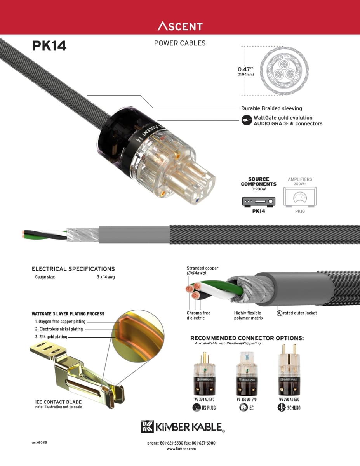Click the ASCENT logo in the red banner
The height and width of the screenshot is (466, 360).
coord(180,26)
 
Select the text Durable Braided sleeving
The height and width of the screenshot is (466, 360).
coord(271,108)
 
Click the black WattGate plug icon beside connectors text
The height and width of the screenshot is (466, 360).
coord(246,120)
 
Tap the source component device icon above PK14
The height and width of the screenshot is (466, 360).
coord(259,202)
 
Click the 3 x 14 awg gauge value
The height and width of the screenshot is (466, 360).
coord(106,277)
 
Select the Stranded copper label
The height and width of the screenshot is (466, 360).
coord(202,268)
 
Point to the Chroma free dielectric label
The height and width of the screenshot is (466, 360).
coord(198,315)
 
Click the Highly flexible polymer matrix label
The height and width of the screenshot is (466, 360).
coord(249,315)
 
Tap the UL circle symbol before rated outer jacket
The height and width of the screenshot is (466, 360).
coord(279,313)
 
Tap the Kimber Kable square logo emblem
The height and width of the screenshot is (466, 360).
coord(148,426)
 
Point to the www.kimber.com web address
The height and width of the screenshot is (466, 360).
coord(181,449)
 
